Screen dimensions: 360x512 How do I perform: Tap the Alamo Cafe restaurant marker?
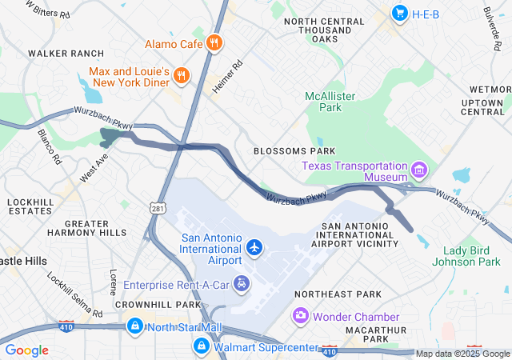[x=214, y=43]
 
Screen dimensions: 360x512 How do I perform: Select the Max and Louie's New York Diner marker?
[x=182, y=77]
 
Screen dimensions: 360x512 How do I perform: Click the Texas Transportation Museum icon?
[x=418, y=170]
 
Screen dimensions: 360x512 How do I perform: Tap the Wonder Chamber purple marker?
[x=301, y=316]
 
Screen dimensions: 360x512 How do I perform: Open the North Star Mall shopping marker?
[x=135, y=326]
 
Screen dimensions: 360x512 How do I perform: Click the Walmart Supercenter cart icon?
[x=201, y=346]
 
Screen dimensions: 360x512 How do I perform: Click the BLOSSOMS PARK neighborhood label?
[x=294, y=150]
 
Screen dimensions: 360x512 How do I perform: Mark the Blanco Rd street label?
[x=49, y=146]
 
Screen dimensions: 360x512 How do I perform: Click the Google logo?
[x=27, y=350]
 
